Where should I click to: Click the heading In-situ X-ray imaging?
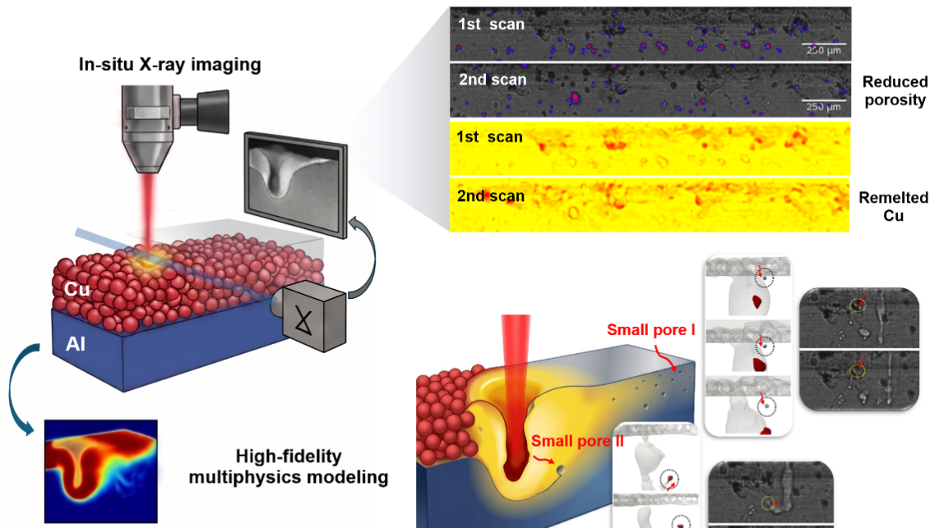[x=169, y=65]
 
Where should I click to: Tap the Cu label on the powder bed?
[x=76, y=289]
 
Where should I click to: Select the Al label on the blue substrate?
[x=76, y=344]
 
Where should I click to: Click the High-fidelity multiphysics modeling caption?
[x=289, y=466]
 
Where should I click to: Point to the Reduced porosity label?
[x=895, y=91]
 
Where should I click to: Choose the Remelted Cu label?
[x=893, y=206]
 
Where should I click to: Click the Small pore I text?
[x=651, y=329]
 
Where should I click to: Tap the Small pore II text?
[x=577, y=441]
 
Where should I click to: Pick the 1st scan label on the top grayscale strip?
[x=491, y=25]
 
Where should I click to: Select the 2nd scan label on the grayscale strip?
[x=493, y=80]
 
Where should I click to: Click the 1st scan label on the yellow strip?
[x=489, y=137]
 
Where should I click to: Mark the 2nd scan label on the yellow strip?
[x=490, y=196]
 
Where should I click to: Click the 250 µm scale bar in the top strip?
[x=823, y=44]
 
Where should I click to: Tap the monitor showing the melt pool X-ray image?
[x=296, y=184]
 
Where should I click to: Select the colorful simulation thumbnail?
[x=100, y=471]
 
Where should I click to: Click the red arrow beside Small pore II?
[x=544, y=459]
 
